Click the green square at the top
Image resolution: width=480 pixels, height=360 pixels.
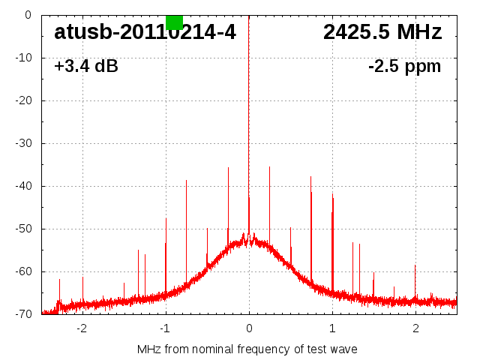click(x=174, y=22)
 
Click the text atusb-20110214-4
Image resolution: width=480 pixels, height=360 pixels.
click(x=145, y=32)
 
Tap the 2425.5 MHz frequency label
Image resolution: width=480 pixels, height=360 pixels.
click(x=382, y=32)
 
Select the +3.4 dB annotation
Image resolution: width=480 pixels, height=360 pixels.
click(x=85, y=67)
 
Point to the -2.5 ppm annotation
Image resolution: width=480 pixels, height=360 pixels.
click(x=404, y=67)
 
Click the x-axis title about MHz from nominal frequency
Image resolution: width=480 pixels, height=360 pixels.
click(x=247, y=349)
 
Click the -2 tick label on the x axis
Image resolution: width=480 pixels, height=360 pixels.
click(x=81, y=328)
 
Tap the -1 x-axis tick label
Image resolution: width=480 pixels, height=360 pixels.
click(x=164, y=328)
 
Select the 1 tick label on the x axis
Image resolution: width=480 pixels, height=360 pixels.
click(x=332, y=328)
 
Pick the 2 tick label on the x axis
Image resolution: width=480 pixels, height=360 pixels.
click(x=415, y=328)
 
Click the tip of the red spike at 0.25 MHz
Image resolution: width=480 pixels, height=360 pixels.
click(x=269, y=167)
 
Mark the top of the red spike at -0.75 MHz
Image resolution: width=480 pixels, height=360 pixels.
click(x=186, y=181)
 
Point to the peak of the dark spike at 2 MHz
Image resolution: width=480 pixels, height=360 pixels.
click(x=415, y=265)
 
